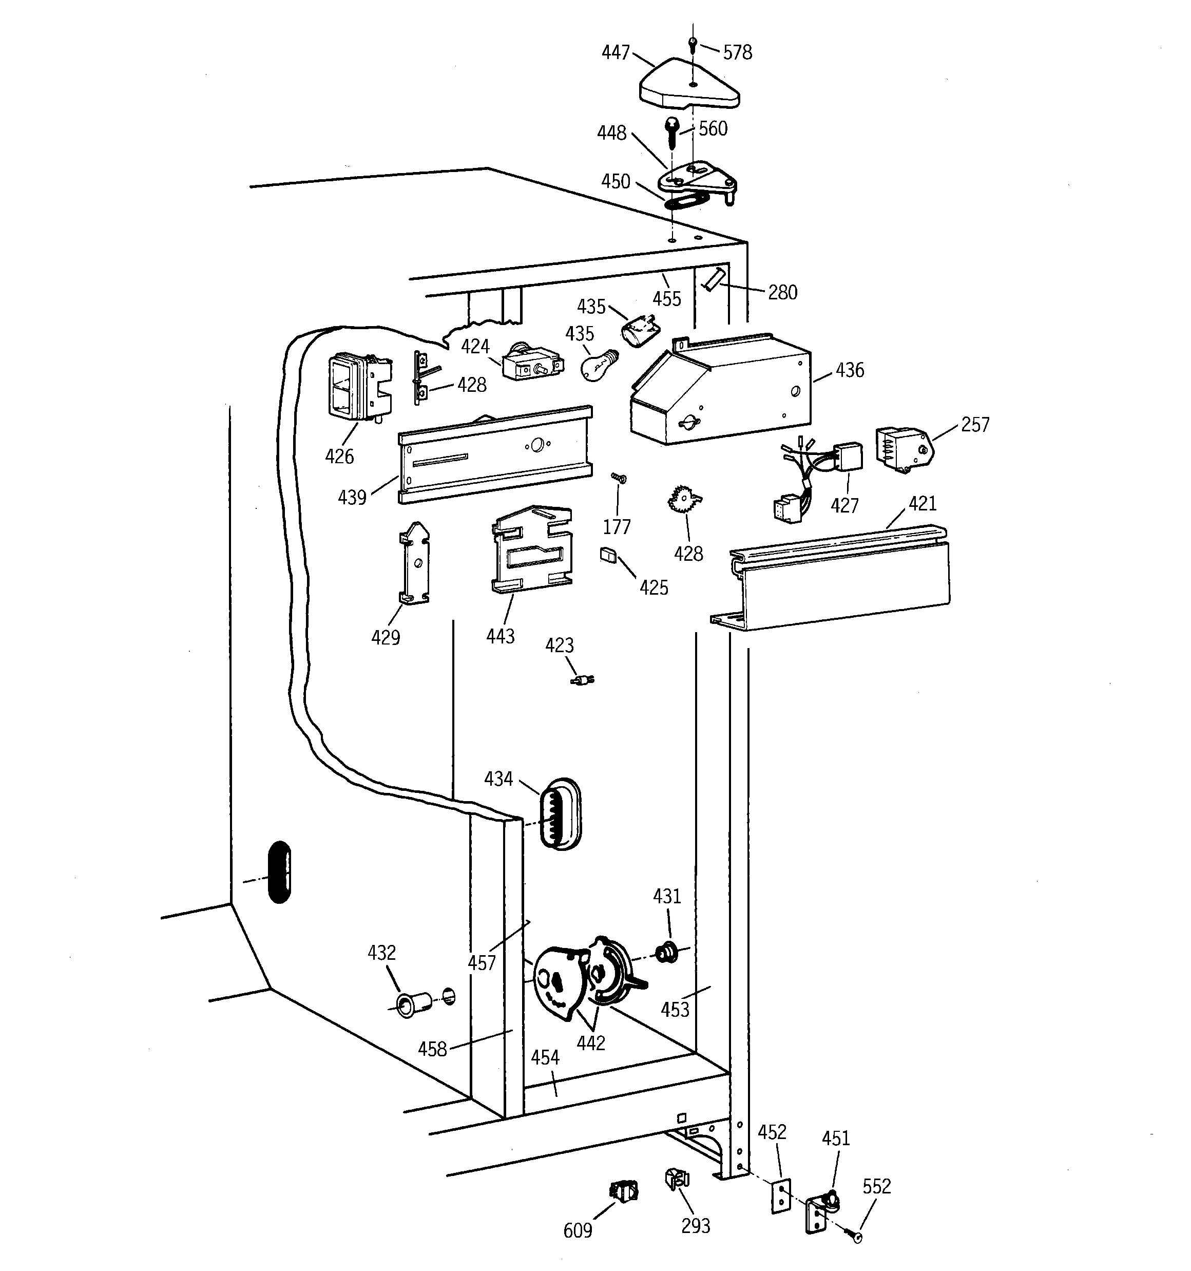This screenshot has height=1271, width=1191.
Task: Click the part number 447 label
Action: (615, 52)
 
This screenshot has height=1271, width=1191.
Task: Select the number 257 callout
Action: (974, 425)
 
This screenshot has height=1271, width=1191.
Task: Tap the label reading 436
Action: (850, 370)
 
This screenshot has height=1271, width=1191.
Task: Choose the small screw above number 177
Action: (618, 478)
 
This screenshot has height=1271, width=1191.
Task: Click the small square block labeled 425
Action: (607, 554)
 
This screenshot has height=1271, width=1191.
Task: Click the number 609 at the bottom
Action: (578, 1230)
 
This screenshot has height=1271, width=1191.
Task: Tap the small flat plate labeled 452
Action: (781, 1196)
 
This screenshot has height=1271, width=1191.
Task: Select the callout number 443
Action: (500, 636)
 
